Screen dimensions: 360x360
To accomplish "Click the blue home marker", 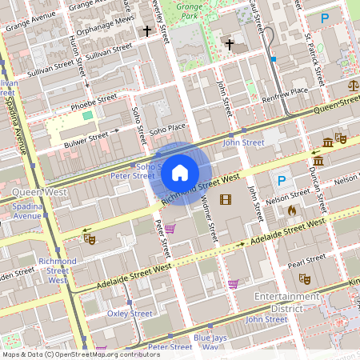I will (180, 173).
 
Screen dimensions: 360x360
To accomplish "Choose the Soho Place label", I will (167, 128).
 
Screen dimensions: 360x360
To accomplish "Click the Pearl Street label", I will (306, 261).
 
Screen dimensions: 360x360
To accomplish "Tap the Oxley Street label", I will (130, 314).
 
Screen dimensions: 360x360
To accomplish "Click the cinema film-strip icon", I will (225, 199).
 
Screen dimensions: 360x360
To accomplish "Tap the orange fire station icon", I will (292, 210).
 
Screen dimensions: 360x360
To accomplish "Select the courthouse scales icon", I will (353, 83).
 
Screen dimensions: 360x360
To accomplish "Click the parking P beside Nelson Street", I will (281, 182).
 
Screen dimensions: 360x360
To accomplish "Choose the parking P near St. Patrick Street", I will (324, 18).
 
